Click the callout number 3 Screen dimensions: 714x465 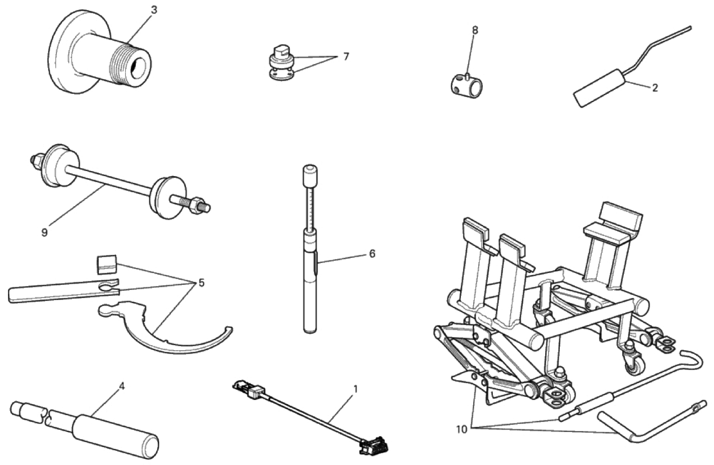coord(154,10)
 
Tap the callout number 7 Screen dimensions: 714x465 coord(346,57)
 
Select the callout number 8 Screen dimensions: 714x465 coord(475,30)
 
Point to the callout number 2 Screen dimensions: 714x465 coord(655,88)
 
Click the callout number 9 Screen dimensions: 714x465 coord(44,233)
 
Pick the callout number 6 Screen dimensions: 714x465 coord(372,254)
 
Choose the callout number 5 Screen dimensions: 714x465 coord(201,283)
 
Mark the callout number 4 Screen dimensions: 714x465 coord(121,386)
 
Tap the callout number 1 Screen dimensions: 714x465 coord(355,389)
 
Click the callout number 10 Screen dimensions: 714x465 coord(461,429)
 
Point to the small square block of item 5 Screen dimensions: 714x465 coord(106,264)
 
